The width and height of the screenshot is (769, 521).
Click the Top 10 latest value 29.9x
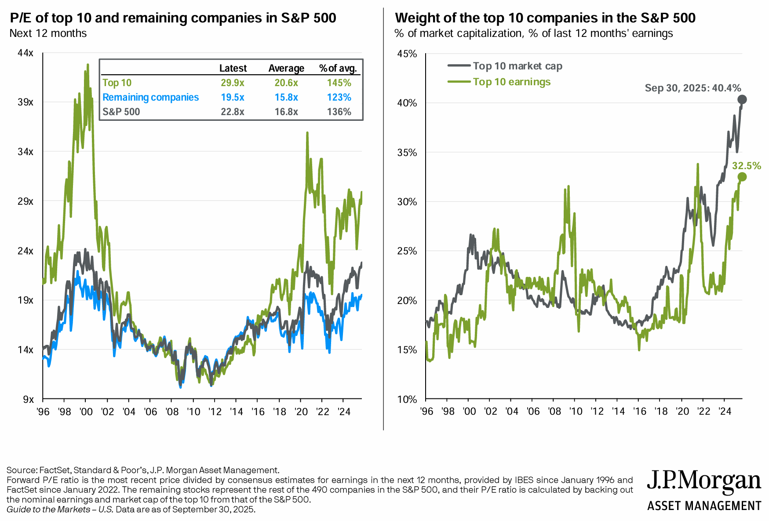(x=232, y=83)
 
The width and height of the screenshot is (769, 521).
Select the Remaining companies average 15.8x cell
(x=286, y=98)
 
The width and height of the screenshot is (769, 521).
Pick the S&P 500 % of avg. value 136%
(x=339, y=112)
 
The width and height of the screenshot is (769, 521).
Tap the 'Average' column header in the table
(x=286, y=69)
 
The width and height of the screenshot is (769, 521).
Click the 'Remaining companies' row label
(x=150, y=98)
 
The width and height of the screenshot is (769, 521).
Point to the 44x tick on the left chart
(x=26, y=53)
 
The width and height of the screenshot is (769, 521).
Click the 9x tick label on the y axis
(x=28, y=399)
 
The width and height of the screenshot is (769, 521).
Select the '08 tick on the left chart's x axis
(x=172, y=412)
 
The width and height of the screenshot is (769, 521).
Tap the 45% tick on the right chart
(x=407, y=54)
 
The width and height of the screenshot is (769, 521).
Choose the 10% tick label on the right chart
(x=407, y=399)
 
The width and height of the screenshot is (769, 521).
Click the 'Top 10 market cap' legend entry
(x=518, y=66)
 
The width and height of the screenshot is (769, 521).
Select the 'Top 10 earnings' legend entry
(x=511, y=82)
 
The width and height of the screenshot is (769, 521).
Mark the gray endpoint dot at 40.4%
(x=742, y=99)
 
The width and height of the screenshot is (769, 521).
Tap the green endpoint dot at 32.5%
(x=742, y=177)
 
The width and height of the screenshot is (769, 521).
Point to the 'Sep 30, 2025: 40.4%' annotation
(x=692, y=88)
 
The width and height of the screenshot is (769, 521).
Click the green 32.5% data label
(x=746, y=166)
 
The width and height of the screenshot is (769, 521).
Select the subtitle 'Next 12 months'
(x=48, y=33)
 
